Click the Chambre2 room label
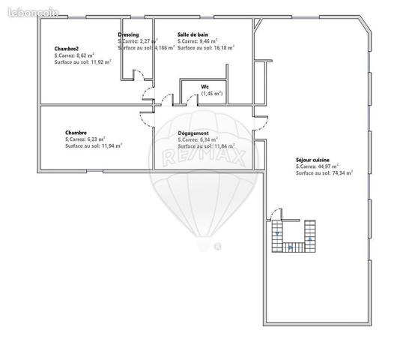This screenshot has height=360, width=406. click(67, 49)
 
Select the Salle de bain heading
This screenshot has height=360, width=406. click(193, 34)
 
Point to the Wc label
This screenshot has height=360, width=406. click(204, 86)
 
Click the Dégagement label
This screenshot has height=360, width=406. click(194, 133)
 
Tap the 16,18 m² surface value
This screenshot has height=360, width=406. click(222, 47)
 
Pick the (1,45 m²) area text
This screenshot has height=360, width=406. click(212, 93)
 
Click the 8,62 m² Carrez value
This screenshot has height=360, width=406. click(93, 55)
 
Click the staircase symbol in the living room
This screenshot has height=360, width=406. click(294, 235)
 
